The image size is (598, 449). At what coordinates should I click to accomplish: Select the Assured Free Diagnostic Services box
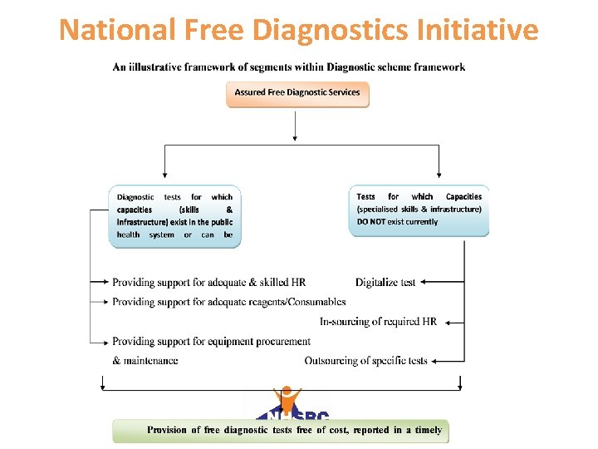pos(297,93)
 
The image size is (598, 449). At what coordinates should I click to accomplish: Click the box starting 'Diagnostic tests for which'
pos(174,216)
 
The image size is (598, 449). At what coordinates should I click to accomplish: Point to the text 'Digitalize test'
pos(385,283)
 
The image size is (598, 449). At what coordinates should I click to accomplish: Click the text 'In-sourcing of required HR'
pos(378,322)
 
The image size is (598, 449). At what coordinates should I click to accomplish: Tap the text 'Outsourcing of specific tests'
pos(365,361)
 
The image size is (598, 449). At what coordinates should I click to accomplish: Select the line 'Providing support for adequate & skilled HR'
pos(209,283)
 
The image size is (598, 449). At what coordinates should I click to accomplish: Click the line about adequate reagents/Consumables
pos(229,302)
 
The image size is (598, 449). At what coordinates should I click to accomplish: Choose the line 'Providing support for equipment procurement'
pos(211,342)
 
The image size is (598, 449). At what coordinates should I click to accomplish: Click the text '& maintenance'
pos(145,361)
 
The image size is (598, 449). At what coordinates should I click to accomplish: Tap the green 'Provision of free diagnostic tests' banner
pos(281,431)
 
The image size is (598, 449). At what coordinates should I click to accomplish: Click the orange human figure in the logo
pos(287,399)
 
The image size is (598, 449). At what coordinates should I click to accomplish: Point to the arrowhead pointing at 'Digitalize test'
pos(424,283)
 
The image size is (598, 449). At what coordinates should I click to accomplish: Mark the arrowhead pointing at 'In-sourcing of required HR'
pos(445,322)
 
